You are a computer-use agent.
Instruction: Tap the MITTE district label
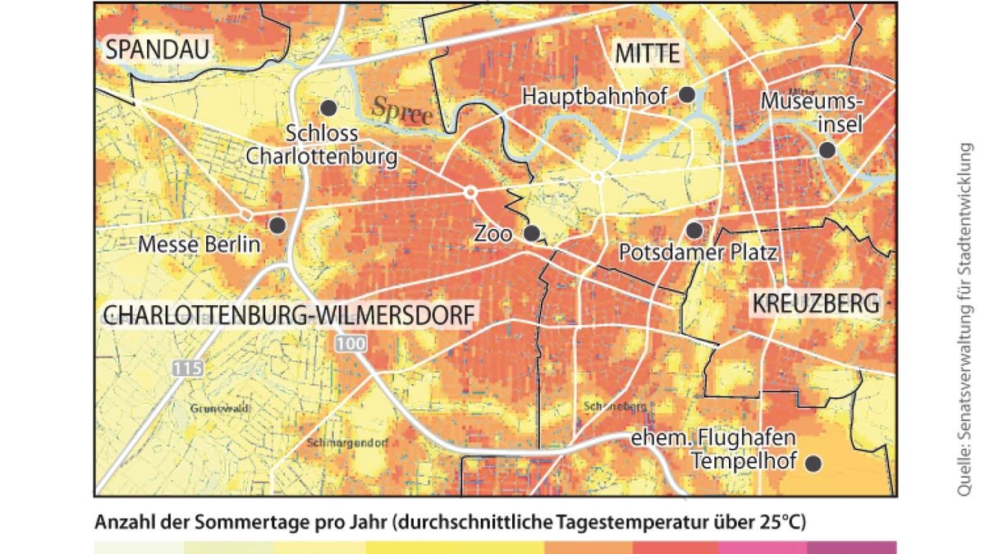648,54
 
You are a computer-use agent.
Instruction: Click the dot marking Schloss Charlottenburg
328,108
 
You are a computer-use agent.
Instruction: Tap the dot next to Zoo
532,233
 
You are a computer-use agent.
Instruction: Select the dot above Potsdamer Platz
694,230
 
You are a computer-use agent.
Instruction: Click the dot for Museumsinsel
827,149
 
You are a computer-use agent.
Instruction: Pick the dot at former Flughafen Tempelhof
813,464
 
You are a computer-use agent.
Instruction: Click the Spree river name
402,112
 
